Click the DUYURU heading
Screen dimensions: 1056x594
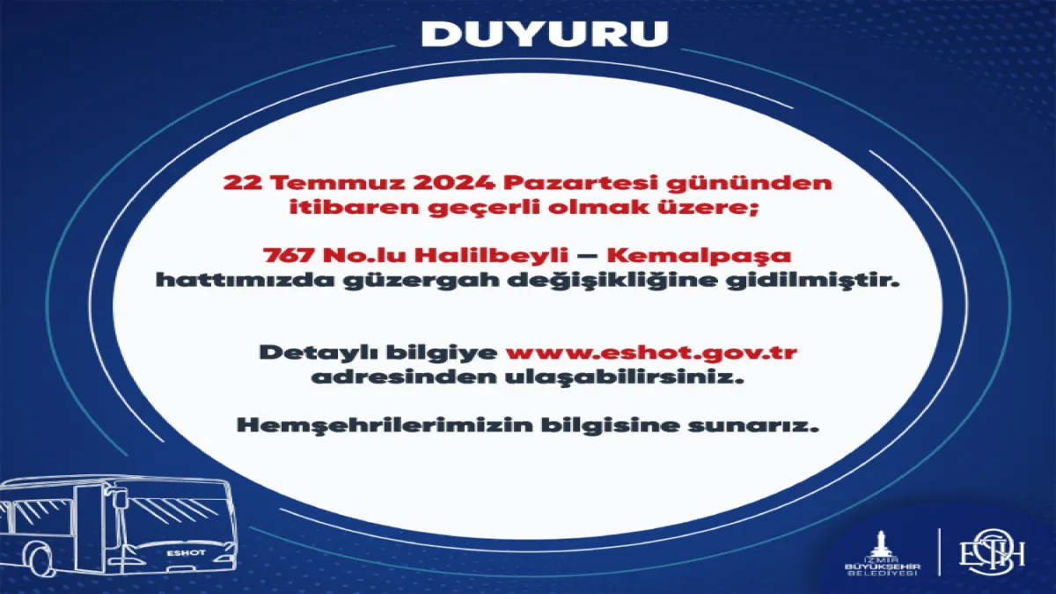tap(545, 33)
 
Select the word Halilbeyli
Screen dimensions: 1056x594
tap(491, 257)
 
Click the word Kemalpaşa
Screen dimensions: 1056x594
tap(699, 257)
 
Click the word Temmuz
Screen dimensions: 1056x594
tap(341, 183)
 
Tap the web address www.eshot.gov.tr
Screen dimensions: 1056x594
tap(651, 353)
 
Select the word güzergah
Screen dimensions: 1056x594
tap(421, 282)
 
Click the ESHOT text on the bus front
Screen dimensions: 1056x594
tap(186, 553)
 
